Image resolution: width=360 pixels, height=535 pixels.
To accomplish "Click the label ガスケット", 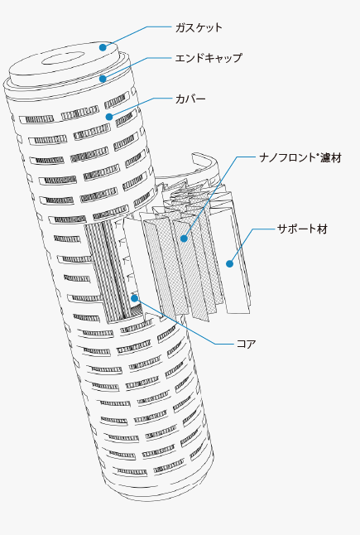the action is point(199,27).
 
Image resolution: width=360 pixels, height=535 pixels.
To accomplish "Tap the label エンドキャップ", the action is point(209,58).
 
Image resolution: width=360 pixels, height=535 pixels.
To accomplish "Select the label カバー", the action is point(190,99).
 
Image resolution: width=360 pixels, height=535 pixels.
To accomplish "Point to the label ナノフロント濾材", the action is point(300,157).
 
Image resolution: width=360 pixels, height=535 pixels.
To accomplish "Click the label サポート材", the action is point(302,229).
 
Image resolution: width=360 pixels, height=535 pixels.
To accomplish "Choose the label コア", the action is point(246,344).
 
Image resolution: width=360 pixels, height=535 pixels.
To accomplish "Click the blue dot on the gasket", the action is point(103,47).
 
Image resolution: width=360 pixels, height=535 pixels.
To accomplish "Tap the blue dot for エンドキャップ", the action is point(103,80).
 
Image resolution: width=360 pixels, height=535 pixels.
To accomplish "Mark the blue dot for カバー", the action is point(109,117).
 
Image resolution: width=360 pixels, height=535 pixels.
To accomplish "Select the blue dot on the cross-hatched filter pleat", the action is point(184,239).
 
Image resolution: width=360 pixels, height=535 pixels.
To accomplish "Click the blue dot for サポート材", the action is point(230,263).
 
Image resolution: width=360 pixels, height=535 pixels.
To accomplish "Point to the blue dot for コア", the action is point(135,298).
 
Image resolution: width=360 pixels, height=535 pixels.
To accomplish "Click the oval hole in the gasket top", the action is point(64,58).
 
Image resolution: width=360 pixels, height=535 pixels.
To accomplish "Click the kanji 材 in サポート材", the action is point(322,229).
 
